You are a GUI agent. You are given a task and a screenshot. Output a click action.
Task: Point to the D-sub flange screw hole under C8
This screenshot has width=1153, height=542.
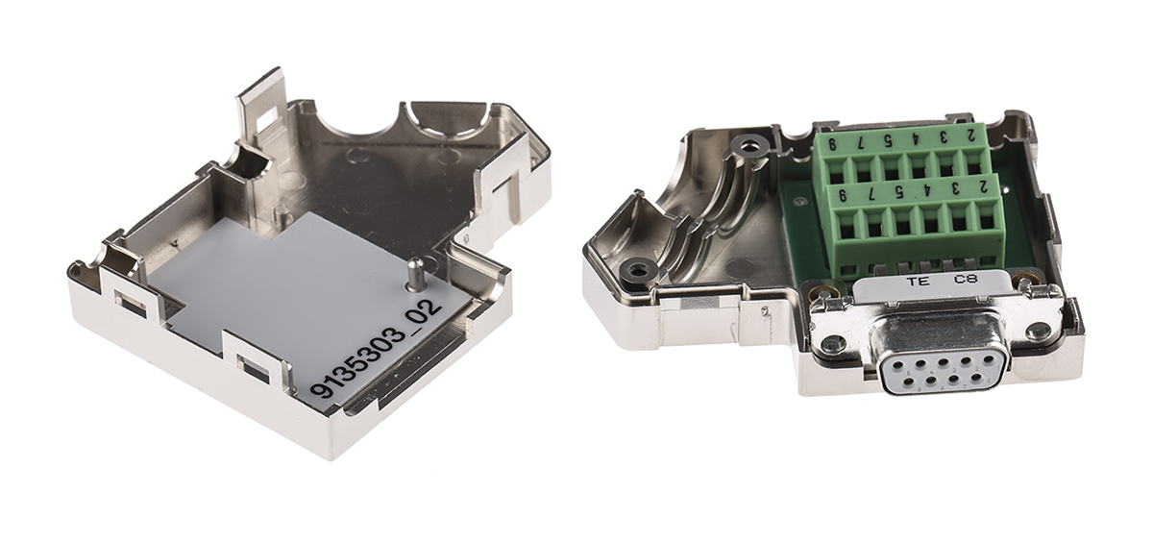coord(1038,332)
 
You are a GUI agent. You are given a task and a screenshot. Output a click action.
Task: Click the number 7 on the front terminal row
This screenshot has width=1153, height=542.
coord(870,194)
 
